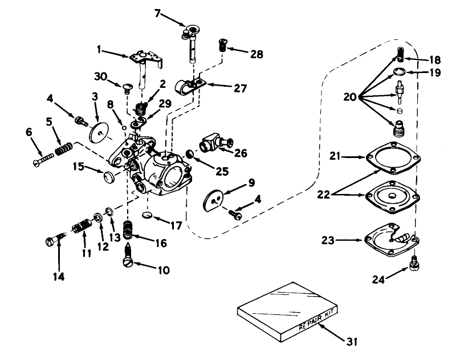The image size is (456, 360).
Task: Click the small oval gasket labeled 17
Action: [148, 215]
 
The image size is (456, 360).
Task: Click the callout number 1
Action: [100, 51]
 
